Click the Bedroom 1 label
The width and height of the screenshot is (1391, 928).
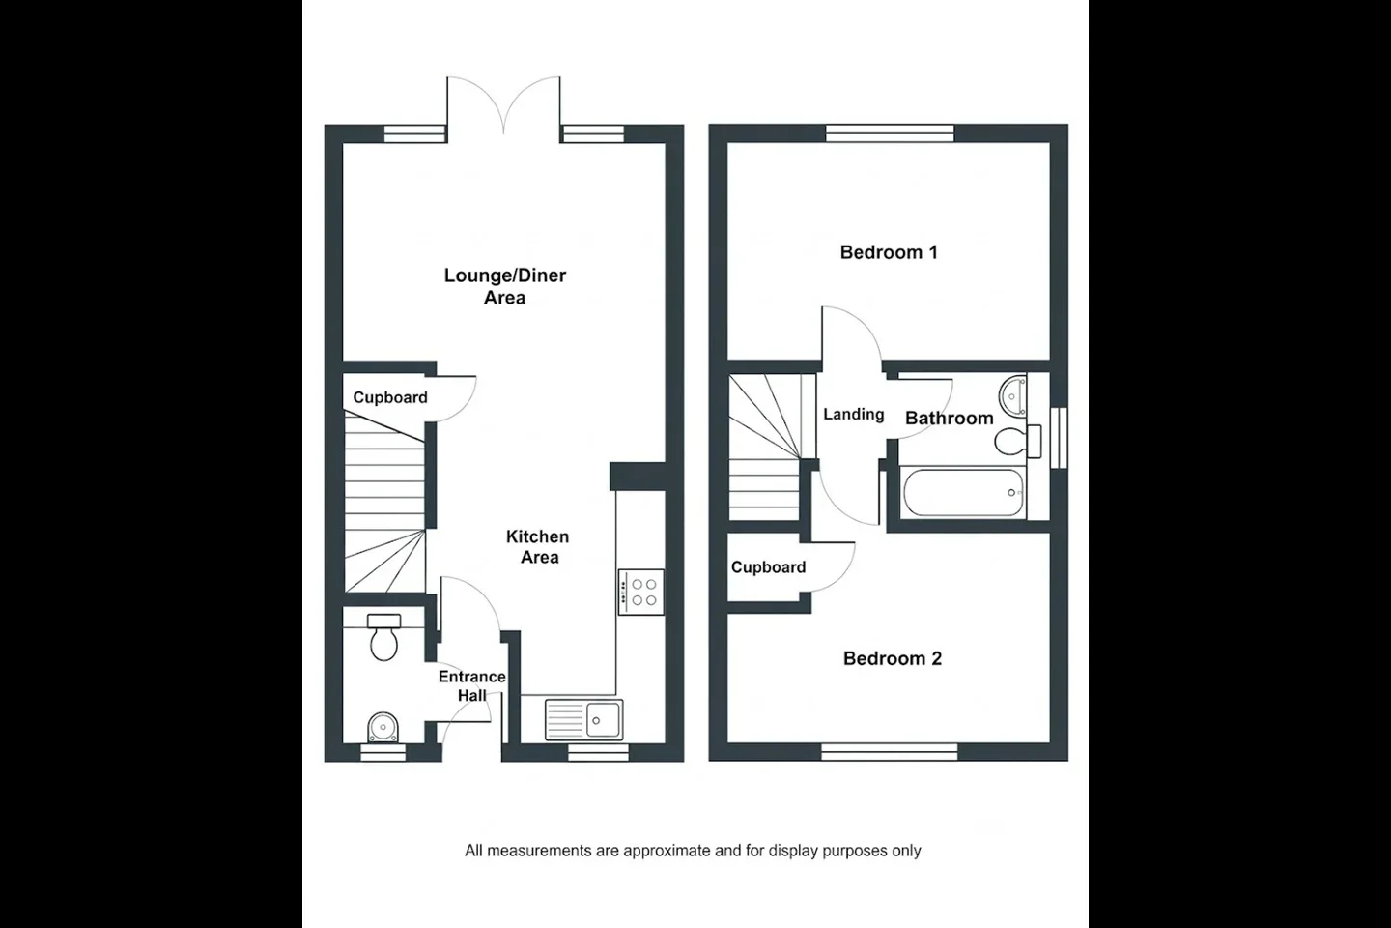click(889, 252)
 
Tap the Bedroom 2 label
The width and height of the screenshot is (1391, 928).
click(893, 658)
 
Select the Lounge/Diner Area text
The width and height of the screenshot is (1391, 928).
click(505, 286)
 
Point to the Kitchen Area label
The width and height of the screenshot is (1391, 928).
click(538, 546)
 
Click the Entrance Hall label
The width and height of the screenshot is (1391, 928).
click(472, 685)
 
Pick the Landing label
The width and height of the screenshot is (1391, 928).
click(854, 414)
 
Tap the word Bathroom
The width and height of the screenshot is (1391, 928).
click(950, 418)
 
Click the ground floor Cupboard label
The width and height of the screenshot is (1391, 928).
click(390, 397)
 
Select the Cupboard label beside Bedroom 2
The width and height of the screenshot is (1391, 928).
click(768, 566)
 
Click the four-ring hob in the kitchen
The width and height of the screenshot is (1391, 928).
click(640, 593)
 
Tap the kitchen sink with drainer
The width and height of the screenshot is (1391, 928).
click(583, 720)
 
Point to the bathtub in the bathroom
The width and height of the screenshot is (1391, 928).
click(963, 493)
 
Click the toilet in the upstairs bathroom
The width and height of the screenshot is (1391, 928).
click(1017, 441)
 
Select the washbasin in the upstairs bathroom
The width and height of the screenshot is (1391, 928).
click(1012, 395)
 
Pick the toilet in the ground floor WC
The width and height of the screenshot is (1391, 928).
click(383, 637)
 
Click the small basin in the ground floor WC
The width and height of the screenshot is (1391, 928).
click(383, 727)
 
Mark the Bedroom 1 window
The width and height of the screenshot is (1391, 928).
click(890, 133)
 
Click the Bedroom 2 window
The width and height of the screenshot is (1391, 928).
click(890, 752)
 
